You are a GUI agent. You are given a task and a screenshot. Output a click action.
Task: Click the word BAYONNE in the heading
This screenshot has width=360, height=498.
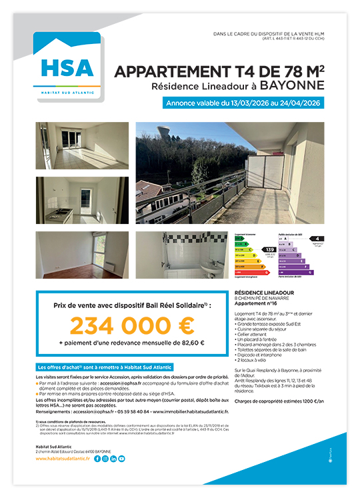point(292,85)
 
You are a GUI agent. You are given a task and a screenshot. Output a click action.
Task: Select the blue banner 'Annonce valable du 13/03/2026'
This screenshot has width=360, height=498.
point(243,104)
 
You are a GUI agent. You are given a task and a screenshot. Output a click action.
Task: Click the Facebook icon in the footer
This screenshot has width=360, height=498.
point(97,459)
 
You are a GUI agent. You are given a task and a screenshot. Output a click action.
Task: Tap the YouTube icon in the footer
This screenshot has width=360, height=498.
point(121,459)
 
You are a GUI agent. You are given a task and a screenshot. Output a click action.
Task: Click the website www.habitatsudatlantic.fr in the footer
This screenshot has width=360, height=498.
point(63,459)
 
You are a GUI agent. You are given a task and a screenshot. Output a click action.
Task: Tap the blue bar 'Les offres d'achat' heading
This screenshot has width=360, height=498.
point(103,367)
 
